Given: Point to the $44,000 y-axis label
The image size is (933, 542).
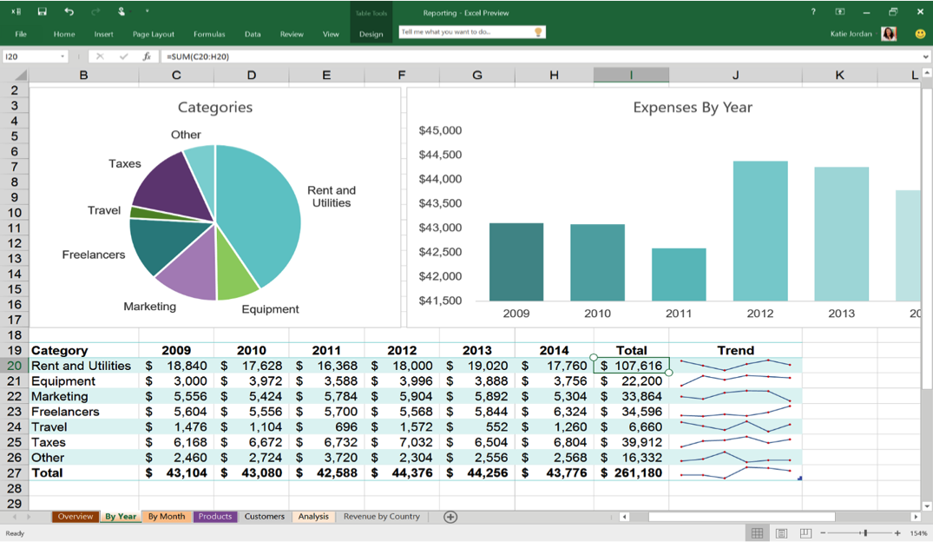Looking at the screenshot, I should tap(440, 179).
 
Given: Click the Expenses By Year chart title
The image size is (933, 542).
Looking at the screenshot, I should tap(692, 108).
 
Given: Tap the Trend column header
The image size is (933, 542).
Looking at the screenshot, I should tap(735, 351).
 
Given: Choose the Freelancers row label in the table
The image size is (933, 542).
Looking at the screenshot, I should tap(65, 412).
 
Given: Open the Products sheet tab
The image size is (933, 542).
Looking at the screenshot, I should tap(215, 517).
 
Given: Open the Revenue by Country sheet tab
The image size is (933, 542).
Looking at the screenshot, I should tap(381, 517).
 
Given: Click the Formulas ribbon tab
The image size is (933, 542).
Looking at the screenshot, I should tap(209, 34).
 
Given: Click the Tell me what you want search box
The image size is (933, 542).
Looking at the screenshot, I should tap(465, 32).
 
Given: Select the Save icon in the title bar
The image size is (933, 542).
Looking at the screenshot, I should tap(42, 12).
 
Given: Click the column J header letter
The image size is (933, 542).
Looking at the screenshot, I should tap(735, 76).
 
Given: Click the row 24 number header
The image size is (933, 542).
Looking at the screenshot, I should tap(14, 427).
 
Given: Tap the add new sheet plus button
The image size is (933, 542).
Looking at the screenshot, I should tap(450, 517).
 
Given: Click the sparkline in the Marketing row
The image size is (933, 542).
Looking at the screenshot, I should tap(735, 396).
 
